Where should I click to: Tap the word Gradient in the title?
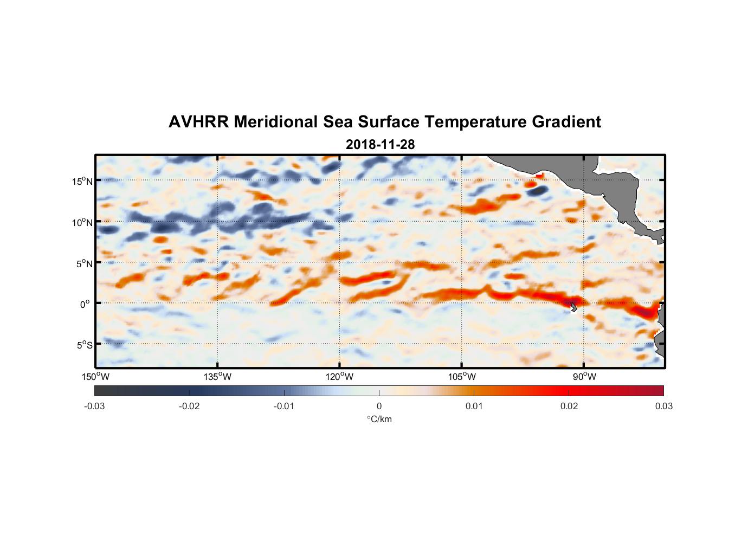coord(566,122)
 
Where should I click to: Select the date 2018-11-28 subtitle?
coord(380,145)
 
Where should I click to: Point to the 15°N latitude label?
coord(82,181)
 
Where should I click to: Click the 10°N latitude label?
coord(82,222)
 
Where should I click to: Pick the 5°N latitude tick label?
coord(84,263)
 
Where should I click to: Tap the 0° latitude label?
coord(85,304)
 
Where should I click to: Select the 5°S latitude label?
coord(84,345)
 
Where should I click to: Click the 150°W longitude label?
coord(96,377)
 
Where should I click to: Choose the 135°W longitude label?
coord(218,377)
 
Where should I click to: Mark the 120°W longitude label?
coord(340,377)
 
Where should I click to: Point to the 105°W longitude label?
coord(462,377)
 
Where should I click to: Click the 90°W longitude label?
coord(584,377)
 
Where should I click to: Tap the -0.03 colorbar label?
coord(94,406)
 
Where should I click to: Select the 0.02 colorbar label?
coord(569,406)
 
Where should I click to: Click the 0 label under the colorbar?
coord(379,406)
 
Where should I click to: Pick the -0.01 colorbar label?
coord(284,406)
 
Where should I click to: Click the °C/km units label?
coord(379,419)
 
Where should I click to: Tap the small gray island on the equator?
coord(573,306)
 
